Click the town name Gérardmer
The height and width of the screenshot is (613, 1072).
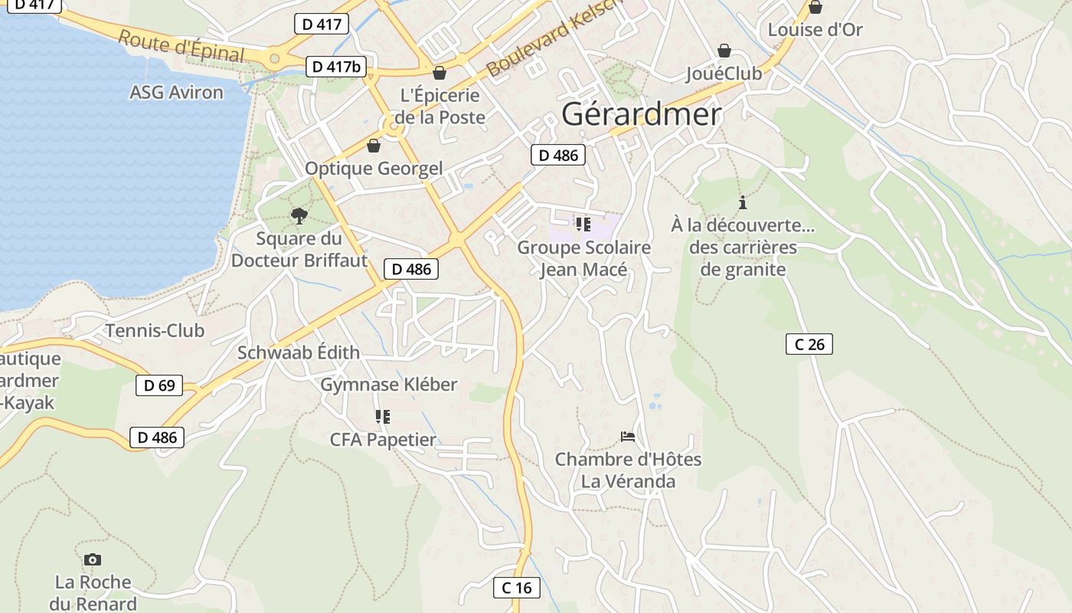(641, 114)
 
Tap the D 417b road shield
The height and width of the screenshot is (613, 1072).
(336, 67)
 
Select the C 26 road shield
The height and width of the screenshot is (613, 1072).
(809, 344)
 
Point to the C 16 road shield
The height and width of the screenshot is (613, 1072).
(516, 588)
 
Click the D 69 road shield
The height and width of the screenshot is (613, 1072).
(159, 385)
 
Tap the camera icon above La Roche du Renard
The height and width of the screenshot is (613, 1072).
(93, 559)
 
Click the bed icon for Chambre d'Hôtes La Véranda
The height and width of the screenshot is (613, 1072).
(628, 437)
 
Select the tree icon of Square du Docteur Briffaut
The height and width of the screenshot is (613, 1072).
(299, 215)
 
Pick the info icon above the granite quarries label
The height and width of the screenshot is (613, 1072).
(742, 202)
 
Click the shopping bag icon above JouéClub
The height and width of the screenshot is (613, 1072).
(724, 51)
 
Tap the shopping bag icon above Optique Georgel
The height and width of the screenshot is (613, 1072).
(374, 145)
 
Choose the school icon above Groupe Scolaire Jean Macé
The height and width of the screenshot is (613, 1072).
(583, 224)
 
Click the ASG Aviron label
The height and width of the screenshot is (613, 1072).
(176, 93)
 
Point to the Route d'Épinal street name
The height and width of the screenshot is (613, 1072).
(181, 47)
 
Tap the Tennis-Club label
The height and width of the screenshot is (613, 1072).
(155, 331)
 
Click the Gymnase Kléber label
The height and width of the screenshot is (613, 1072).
(388, 385)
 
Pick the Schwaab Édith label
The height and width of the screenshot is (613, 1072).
(298, 352)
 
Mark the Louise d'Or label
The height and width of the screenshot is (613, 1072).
(815, 30)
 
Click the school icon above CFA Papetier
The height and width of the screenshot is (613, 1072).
(382, 417)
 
